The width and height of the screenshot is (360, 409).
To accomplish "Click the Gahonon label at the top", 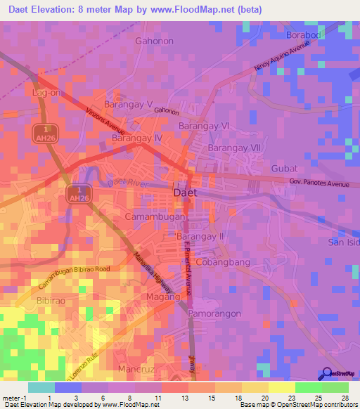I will click(154, 41).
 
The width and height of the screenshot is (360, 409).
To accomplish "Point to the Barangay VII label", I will click(234, 148).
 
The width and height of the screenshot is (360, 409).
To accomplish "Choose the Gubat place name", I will click(285, 169).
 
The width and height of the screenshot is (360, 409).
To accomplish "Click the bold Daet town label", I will click(185, 192).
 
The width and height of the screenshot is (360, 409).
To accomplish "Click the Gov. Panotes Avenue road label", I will click(319, 183).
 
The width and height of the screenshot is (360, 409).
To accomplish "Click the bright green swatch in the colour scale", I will click(308, 387).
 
